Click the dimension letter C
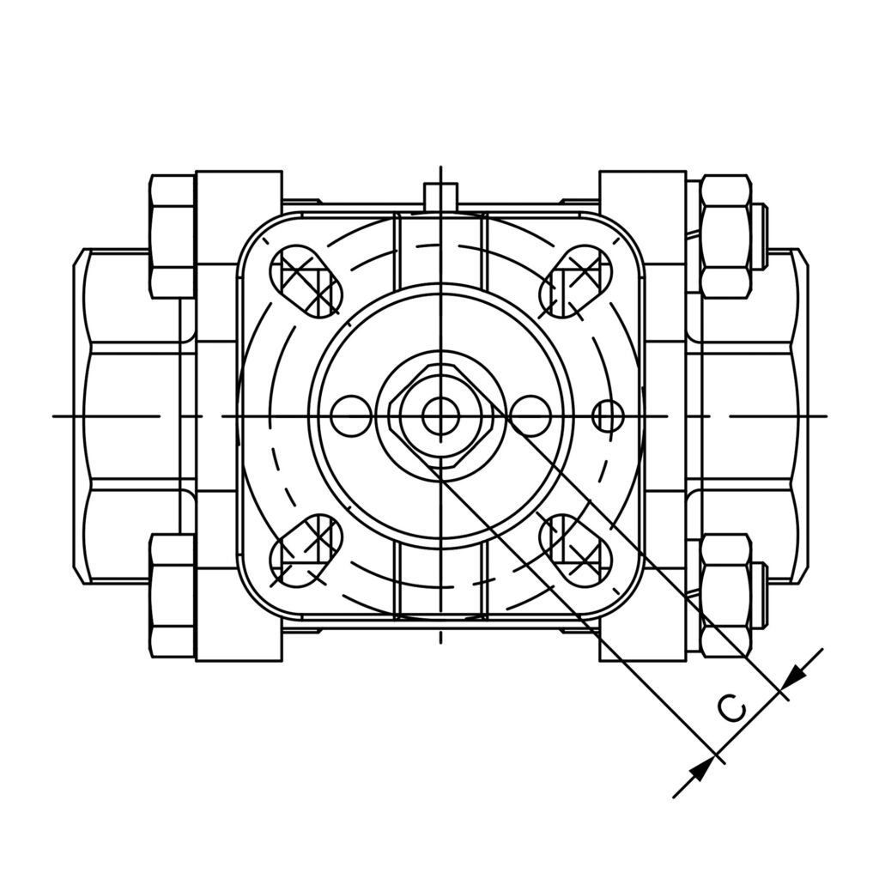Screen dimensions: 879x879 tap(732, 708)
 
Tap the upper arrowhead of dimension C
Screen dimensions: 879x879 tap(794, 676)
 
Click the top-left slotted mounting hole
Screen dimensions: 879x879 tap(305, 282)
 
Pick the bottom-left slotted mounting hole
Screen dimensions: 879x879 tap(305, 551)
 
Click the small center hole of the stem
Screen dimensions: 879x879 tap(440, 416)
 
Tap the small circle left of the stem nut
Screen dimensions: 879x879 tap(351, 416)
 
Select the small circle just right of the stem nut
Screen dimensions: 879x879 tap(530, 416)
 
